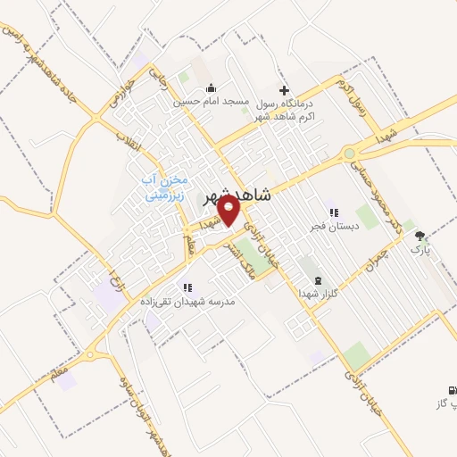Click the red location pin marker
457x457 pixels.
click(x=230, y=211)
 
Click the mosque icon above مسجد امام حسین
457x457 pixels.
click(x=211, y=88)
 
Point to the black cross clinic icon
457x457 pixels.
click(x=284, y=89)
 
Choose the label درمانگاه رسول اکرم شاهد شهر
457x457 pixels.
click(x=284, y=110)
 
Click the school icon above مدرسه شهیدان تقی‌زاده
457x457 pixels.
click(x=187, y=287)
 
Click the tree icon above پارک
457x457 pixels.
click(x=420, y=236)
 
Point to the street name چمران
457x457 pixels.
click(x=379, y=258)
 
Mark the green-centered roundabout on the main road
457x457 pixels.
click(x=349, y=154)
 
